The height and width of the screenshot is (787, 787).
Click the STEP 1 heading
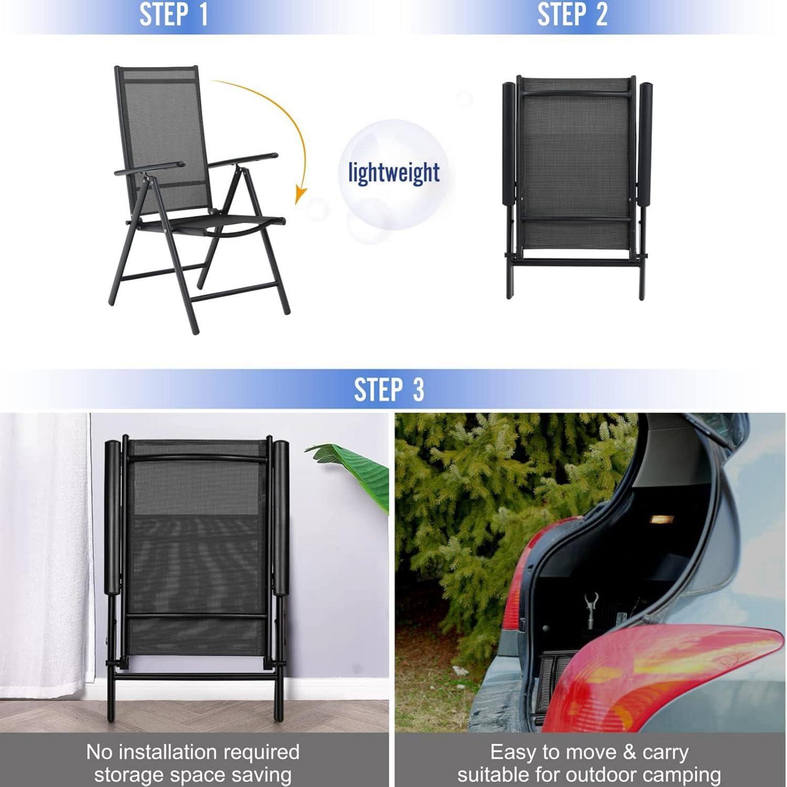174,14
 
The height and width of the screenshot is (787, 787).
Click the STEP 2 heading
572,14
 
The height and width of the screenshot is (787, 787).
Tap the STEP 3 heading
389,390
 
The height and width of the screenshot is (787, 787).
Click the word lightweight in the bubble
394,173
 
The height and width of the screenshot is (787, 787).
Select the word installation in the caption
194,752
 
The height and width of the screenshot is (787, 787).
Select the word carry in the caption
665,752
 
